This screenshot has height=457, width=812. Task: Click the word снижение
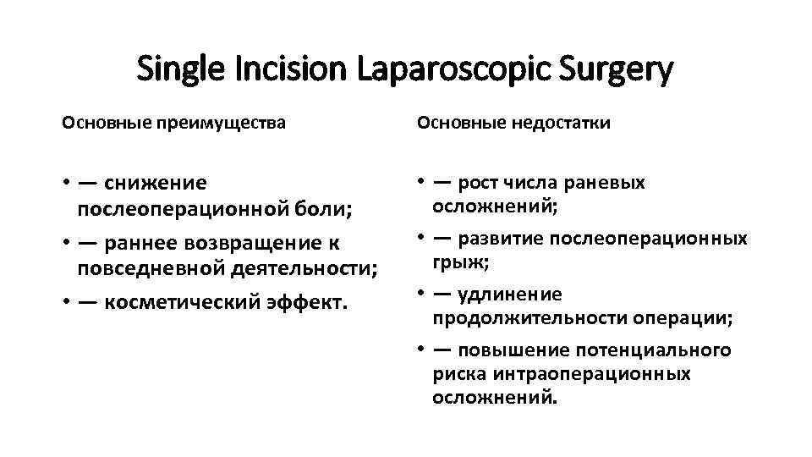156,183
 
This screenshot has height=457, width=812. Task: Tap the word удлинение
509,295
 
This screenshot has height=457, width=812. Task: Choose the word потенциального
654,350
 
